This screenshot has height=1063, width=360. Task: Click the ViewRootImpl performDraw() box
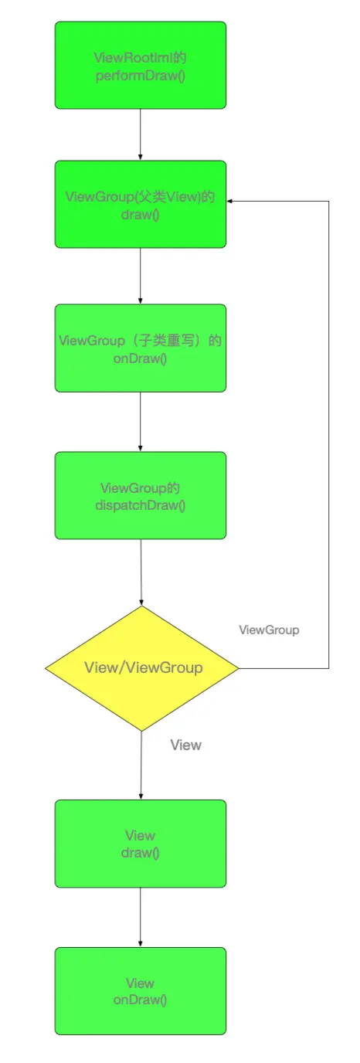[141, 65]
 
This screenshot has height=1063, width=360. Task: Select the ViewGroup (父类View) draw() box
[141, 204]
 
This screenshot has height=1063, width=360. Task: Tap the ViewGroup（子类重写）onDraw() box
[141, 348]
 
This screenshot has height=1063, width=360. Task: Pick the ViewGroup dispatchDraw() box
[141, 495]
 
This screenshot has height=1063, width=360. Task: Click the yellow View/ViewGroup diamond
[142, 668]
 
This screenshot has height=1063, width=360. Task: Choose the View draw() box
[141, 844]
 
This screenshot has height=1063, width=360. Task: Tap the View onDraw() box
[141, 991]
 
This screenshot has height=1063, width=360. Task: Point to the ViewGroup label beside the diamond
[269, 630]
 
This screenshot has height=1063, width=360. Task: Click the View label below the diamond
[186, 745]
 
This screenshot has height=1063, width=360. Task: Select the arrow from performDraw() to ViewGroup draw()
[141, 134]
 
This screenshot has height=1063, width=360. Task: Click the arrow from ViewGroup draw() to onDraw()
[141, 276]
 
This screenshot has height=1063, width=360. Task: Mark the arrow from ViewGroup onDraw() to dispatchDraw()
[141, 422]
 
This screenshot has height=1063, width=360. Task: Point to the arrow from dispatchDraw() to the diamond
[141, 572]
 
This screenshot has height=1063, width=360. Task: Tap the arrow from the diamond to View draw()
[141, 766]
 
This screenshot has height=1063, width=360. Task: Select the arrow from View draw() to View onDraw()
[141, 917]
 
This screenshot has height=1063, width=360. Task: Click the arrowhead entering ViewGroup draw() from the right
[229, 201]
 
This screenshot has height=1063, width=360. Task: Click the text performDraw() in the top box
[141, 75]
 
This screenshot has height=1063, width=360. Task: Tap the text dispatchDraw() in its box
[141, 505]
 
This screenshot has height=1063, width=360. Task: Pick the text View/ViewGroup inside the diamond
[143, 667]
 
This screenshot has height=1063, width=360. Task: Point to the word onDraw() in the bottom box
[141, 1000]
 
